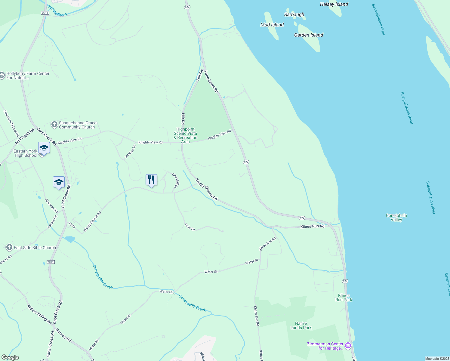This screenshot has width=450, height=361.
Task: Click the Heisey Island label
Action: (334, 4)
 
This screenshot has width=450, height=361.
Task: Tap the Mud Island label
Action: (272, 25)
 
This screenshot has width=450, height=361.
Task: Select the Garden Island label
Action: (308, 35)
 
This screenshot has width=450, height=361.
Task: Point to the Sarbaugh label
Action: (294, 14)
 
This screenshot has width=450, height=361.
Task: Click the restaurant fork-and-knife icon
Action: (151, 180)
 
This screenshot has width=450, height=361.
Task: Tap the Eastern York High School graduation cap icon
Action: (44, 148)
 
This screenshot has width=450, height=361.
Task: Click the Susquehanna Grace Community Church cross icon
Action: (54, 125)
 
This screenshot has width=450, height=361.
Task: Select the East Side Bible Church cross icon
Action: (9, 248)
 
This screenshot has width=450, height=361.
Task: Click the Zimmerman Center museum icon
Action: (348, 345)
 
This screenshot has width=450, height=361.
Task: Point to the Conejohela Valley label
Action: (396, 218)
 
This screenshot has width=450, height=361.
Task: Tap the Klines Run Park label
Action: (344, 298)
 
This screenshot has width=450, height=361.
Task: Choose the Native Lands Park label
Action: (301, 326)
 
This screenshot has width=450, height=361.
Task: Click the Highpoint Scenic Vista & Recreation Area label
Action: (185, 135)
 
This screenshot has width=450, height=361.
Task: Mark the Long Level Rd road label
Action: (211, 81)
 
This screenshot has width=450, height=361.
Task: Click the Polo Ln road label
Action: (190, 227)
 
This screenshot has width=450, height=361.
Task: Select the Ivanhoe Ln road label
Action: (130, 151)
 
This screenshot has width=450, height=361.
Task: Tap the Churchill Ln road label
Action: (176, 180)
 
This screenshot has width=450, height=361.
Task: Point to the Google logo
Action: (10, 357)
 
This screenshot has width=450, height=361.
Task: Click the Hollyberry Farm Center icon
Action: (2, 75)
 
